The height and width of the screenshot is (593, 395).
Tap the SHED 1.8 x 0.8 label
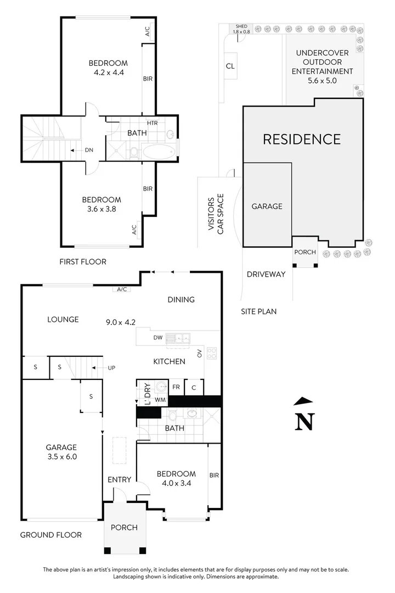tap(241, 29)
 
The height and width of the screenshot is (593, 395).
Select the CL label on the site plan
tap(230, 66)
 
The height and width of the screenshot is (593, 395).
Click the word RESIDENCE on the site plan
tap(302, 139)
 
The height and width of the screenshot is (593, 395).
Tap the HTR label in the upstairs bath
tap(152, 123)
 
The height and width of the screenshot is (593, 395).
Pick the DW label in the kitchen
tap(157, 338)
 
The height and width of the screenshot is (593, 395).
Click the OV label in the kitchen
tap(200, 353)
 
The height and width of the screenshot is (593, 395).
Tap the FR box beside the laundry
tap(176, 387)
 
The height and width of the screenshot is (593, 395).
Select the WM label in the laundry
tap(160, 400)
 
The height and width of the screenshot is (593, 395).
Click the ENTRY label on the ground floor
tap(119, 479)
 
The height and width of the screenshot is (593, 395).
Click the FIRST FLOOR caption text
tap(83, 261)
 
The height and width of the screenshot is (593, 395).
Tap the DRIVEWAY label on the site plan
tap(266, 274)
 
